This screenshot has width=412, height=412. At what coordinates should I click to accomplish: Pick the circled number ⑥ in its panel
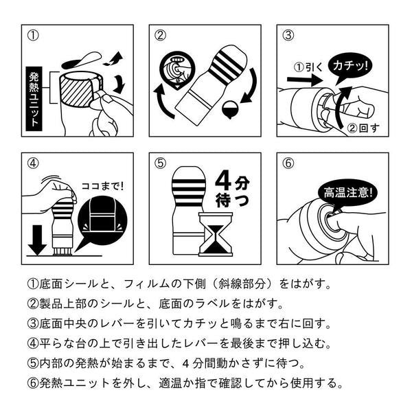[288, 163]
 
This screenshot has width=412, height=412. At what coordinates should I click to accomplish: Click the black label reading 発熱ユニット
[35, 98]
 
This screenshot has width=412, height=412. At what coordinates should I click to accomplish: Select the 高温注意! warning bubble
[344, 193]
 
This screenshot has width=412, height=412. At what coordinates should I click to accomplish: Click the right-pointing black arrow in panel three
[301, 80]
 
